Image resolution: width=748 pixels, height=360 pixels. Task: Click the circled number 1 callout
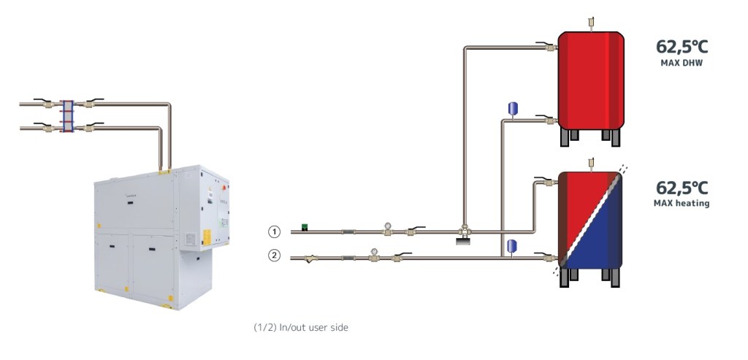point(275,231)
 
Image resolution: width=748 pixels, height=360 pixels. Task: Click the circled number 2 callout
point(275,256)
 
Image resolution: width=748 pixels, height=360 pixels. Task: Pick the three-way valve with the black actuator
point(462,234)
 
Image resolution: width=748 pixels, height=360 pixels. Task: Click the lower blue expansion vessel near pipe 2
point(512,244)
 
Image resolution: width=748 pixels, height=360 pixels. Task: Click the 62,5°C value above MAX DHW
point(682,47)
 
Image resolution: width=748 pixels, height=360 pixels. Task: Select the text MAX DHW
point(682,63)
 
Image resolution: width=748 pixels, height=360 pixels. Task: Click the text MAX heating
point(682,203)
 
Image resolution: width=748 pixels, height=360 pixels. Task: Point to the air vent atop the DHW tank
point(591,23)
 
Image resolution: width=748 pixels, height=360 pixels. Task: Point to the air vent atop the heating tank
point(591,162)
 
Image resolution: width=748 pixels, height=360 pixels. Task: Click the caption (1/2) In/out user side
point(301,328)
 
